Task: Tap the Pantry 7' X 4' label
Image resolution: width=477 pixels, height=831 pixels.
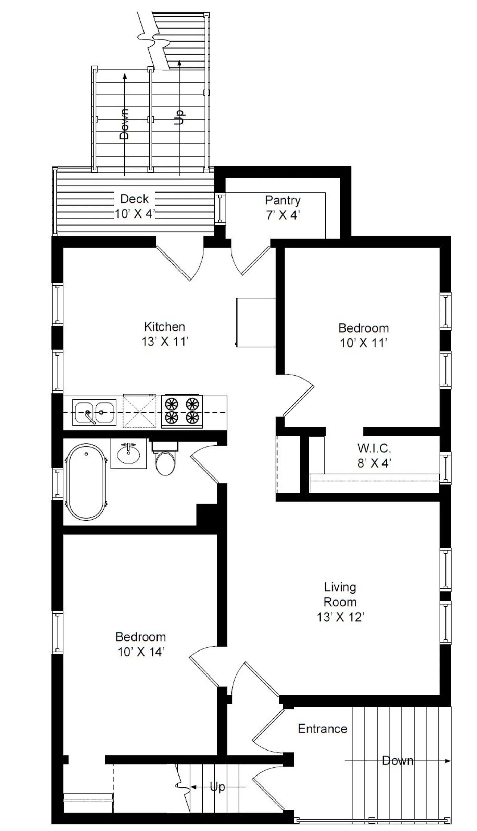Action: tap(283, 207)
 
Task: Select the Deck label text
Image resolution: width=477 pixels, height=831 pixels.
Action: tap(135, 199)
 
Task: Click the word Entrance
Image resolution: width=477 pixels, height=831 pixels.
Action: tap(323, 729)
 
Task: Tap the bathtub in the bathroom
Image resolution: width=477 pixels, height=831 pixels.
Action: tap(86, 483)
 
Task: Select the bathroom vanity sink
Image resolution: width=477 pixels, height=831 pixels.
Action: tap(128, 454)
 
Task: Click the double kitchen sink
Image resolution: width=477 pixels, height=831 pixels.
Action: tap(94, 412)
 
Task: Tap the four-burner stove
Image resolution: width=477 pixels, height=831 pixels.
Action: tap(182, 411)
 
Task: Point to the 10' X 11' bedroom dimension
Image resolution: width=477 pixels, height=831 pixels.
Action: tap(363, 343)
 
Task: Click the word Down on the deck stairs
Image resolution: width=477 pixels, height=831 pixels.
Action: tap(124, 124)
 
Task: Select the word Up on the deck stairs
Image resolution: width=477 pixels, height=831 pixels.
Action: tap(179, 117)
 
